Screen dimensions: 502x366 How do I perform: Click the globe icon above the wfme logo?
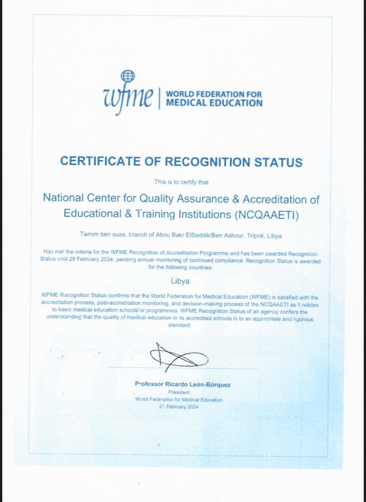(128, 76)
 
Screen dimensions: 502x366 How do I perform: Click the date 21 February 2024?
(179, 407)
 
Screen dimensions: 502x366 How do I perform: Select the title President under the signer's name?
(179, 392)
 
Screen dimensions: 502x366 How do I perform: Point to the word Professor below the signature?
(150, 384)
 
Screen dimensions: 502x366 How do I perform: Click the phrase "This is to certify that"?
(181, 182)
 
